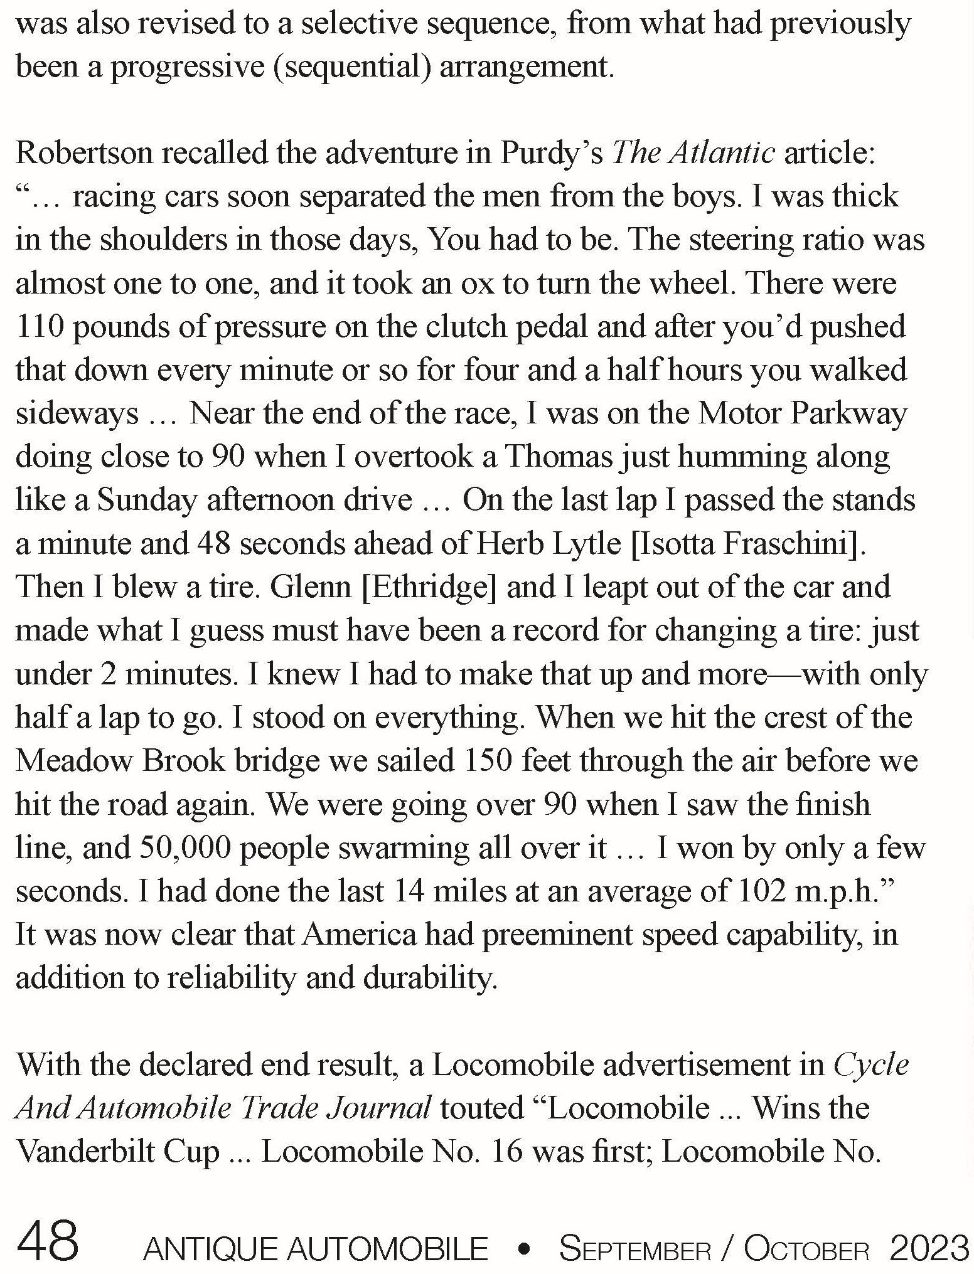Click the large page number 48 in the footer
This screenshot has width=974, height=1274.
coord(47,1240)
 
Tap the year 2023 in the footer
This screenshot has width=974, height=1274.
coord(929,1247)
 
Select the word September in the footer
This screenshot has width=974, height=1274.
coord(635,1248)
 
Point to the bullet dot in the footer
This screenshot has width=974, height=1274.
coord(523,1249)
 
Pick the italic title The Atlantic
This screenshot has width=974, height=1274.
coord(693,154)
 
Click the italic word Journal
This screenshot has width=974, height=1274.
coord(385,1108)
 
